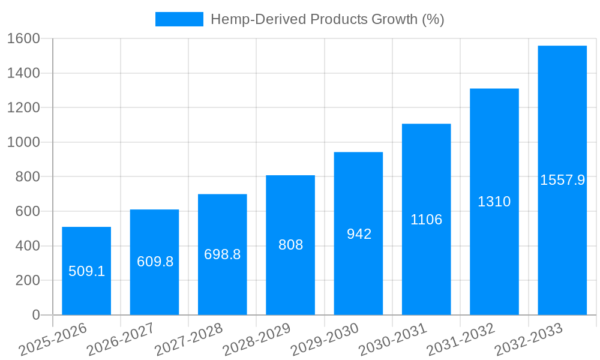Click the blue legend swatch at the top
(x=179, y=19)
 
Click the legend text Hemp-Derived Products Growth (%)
(x=327, y=19)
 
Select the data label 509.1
(x=86, y=271)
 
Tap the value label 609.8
(x=155, y=262)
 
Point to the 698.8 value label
(x=223, y=254)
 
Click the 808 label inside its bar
(x=290, y=245)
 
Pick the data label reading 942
(x=359, y=234)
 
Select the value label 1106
(x=427, y=220)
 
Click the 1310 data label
(x=494, y=202)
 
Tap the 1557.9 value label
(x=562, y=180)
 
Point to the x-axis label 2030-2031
(x=394, y=340)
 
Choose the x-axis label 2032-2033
(x=529, y=340)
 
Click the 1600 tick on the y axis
(x=23, y=38)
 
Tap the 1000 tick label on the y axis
(x=23, y=142)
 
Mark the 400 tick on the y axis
(x=28, y=246)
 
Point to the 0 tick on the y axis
(x=35, y=315)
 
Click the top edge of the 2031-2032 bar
(x=494, y=89)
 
